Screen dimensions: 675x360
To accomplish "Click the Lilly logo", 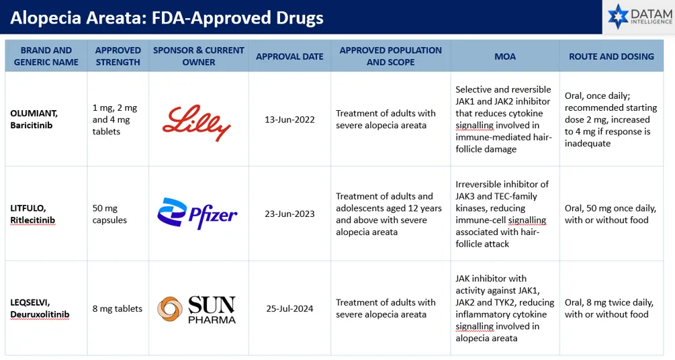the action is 196,122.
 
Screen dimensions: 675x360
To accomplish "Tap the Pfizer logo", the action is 197,213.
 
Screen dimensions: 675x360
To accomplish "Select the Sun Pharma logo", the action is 197,309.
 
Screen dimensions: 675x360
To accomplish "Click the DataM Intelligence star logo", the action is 618,16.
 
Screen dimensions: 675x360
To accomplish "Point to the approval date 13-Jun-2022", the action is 289,120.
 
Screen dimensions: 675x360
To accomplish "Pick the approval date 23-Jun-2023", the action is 289,214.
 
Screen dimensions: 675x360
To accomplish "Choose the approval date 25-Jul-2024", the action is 289,309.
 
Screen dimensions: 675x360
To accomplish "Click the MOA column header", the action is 505,56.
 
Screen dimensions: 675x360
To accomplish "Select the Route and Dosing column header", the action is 611,56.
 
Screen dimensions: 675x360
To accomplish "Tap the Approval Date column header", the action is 289,56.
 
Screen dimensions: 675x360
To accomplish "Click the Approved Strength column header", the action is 118,56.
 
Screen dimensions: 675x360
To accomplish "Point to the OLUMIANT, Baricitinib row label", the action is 34,120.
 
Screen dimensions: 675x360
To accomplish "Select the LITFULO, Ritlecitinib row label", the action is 33,214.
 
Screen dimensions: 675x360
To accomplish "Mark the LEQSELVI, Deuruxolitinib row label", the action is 40,308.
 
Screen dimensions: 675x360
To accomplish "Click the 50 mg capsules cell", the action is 109,214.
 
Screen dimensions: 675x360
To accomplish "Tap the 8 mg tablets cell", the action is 117,309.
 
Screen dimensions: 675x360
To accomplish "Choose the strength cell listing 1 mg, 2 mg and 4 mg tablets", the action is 114,120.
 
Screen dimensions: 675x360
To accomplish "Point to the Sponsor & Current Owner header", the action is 198,56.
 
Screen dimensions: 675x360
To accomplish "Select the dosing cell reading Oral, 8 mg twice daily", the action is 609,308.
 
